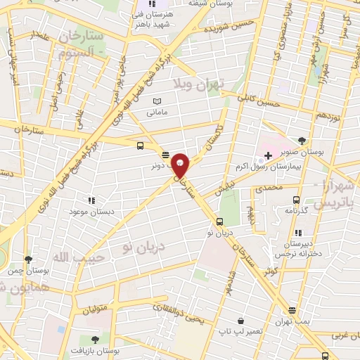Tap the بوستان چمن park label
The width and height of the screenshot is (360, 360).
[x=27, y=270]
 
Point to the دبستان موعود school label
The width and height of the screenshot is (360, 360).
[x=91, y=211]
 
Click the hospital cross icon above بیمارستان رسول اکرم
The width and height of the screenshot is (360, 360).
[x=268, y=155]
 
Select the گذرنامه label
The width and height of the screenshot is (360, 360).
[x=296, y=209]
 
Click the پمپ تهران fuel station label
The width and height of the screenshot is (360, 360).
[x=291, y=321]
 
